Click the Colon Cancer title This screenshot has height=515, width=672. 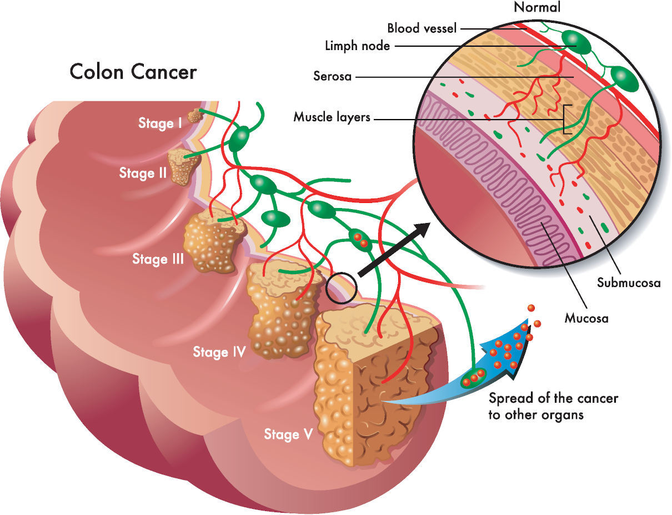coord(133,72)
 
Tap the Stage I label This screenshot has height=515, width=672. coord(161,123)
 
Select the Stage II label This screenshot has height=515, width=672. coord(143,173)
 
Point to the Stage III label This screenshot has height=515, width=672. coord(158,259)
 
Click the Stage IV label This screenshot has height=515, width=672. coord(219,352)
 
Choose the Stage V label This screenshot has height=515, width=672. coord(289,434)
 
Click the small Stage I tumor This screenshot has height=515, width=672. coord(194,116)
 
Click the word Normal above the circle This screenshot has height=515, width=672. coord(537,7)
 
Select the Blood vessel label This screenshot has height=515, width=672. coord(422,28)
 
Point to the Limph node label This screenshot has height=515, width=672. coord(357,46)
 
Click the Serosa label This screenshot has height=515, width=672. coord(332,76)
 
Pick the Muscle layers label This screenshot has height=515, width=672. coord(332,117)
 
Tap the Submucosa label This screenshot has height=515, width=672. coord(629,283)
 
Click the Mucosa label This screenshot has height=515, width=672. coord(586,318)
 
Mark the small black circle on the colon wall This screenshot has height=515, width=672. coord(342,288)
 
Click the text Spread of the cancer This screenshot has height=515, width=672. coord(553,398)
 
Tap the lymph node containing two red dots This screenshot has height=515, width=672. coord(360,240)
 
